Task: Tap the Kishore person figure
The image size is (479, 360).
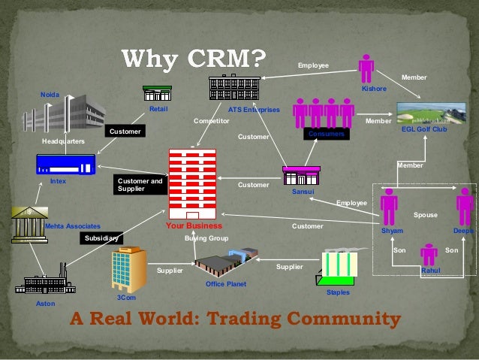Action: (366, 68)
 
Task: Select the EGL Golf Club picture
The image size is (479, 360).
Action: (423, 115)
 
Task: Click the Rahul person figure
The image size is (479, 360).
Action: (429, 253)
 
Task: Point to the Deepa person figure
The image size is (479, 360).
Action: (465, 207)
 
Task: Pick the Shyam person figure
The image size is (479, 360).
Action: (388, 207)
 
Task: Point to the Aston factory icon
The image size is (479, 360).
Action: (45, 284)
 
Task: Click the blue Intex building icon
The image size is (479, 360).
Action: (65, 164)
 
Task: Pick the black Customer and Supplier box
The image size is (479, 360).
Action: (140, 185)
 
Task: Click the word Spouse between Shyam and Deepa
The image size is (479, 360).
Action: (425, 216)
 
